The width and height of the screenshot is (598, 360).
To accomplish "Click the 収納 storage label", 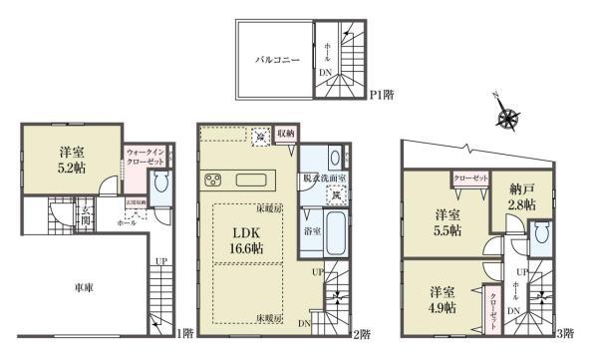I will tap(285, 133).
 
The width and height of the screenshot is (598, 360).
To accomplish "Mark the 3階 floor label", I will tap(564, 335).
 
